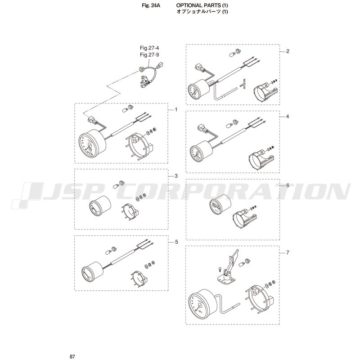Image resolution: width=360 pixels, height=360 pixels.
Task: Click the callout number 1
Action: [x=176, y=109]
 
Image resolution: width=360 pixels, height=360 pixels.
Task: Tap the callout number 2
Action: [x=288, y=51]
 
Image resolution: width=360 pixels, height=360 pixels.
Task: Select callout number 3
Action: [x=176, y=176]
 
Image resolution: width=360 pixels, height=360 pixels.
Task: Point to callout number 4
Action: [x=288, y=117]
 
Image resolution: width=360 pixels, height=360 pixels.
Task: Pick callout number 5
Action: [x=176, y=242]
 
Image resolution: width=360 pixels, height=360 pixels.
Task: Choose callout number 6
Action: [x=288, y=185]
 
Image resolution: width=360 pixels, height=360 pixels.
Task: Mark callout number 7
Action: [x=288, y=252]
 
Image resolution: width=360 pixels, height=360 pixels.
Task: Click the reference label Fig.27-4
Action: [x=149, y=48]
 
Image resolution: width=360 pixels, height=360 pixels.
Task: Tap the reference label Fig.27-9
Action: [x=149, y=55]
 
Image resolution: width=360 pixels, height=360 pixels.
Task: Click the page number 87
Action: [x=72, y=356]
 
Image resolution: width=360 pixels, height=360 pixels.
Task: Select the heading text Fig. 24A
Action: [x=151, y=6]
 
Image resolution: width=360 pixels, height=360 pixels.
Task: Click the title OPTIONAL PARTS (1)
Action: [x=202, y=5]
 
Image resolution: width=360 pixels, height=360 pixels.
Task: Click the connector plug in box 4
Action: [x=201, y=128]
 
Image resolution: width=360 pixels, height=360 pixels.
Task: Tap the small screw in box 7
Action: [x=219, y=269]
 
